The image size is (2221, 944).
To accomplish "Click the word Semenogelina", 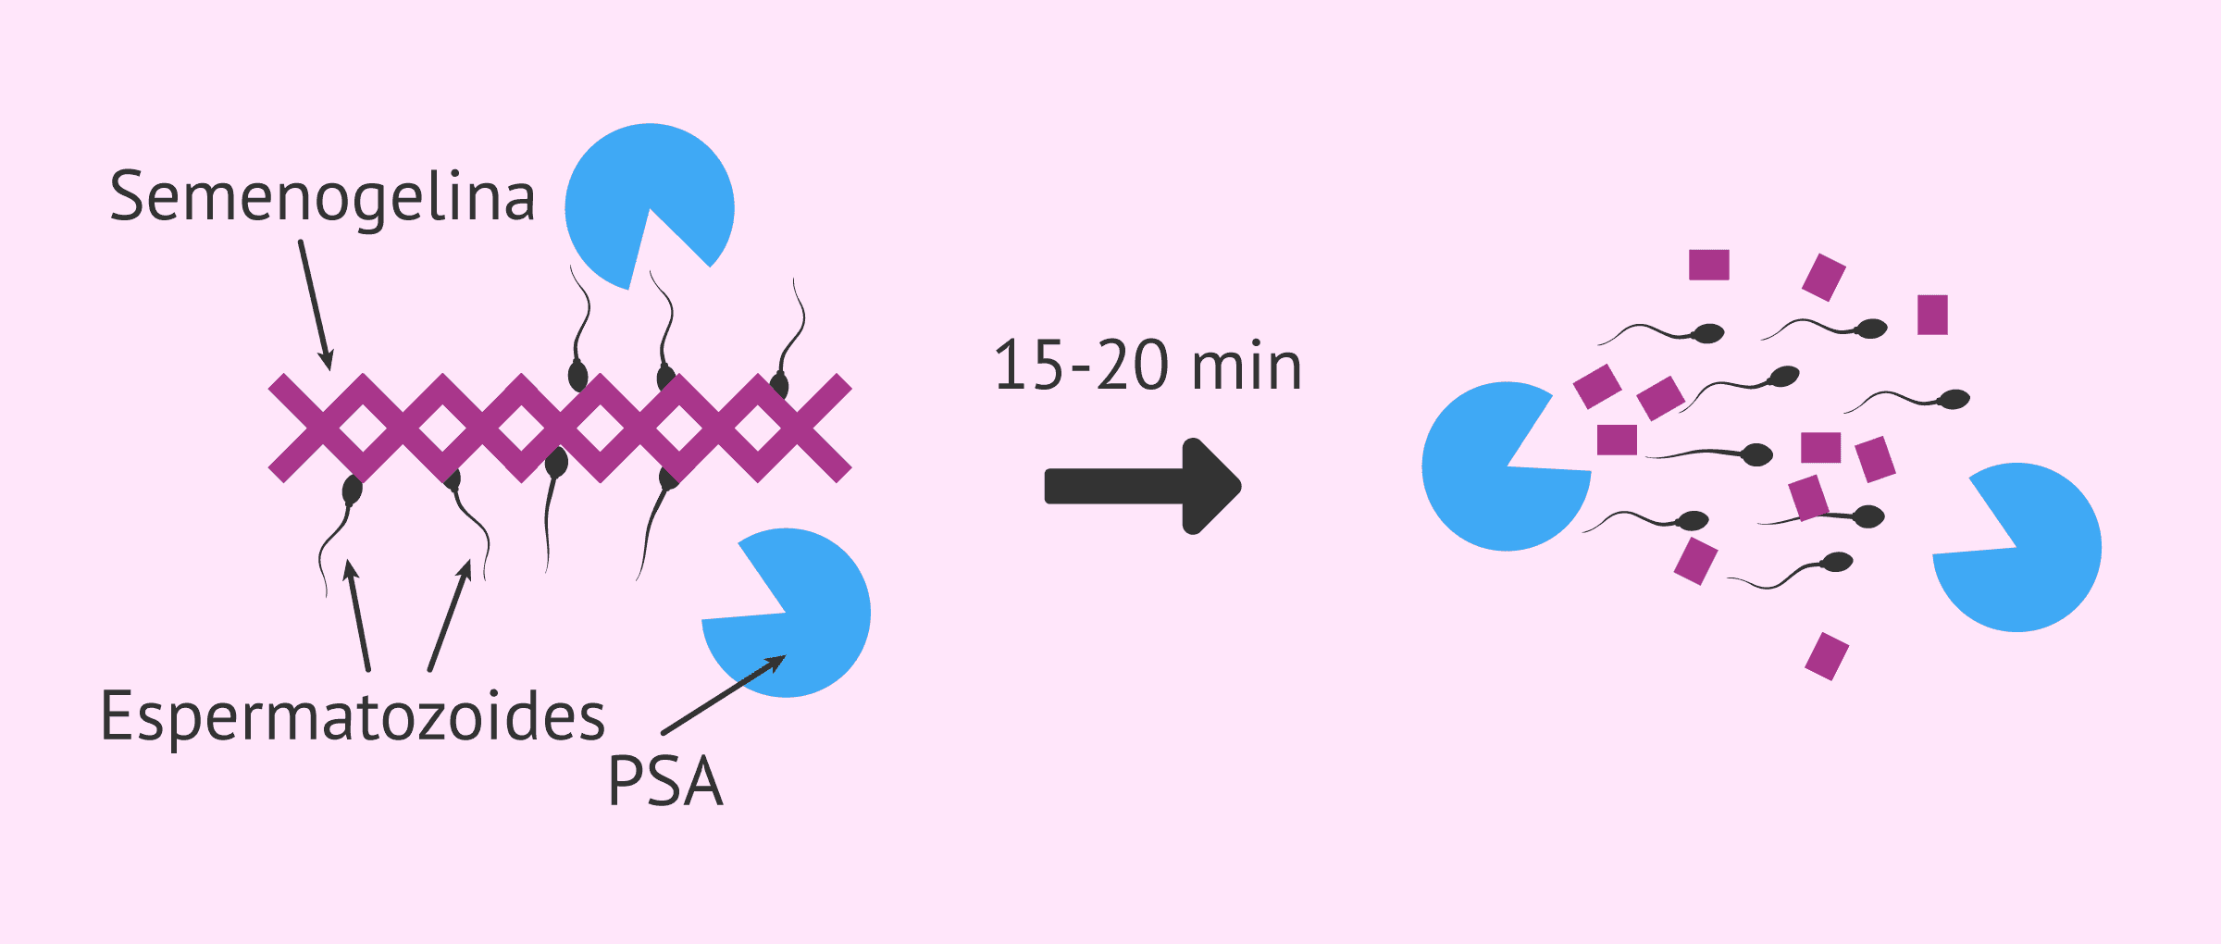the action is pos(322,198).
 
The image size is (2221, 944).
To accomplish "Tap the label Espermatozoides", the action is pos(353,717).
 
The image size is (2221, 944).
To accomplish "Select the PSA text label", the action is pos(665,781).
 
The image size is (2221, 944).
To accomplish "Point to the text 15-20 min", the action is pos(1148,366).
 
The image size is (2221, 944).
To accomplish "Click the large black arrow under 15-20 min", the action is pos(1143,486).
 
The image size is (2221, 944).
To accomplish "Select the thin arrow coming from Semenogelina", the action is pos(316,305).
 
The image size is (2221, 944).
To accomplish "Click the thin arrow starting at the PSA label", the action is pos(724,695).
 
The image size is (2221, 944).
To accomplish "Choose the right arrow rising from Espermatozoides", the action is pos(451,615).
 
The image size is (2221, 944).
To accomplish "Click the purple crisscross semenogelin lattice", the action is pos(560,428).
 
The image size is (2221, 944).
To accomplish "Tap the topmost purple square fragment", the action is pos(1709,265).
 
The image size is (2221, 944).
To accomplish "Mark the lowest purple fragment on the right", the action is pos(1827,656).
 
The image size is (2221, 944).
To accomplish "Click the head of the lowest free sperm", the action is pos(1836,562).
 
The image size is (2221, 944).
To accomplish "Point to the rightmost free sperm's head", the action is pos(1954,399).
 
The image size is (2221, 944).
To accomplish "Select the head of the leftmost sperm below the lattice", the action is pos(353,490).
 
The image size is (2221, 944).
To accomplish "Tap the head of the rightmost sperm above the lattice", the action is pos(779,385).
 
